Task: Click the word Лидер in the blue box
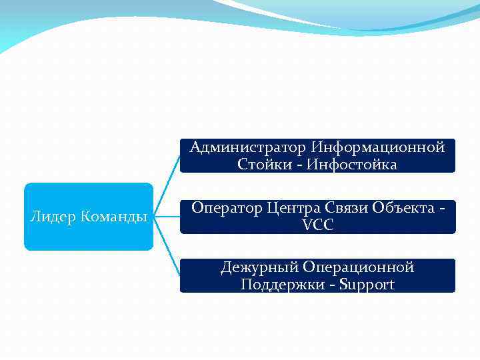tap(53, 217)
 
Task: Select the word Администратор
tap(247, 147)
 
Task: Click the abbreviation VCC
tap(317, 225)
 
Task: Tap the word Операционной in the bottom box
tap(359, 267)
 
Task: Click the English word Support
tap(367, 285)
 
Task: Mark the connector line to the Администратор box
tap(169, 177)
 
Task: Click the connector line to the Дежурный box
tap(169, 256)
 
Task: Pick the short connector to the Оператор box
tap(167, 217)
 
